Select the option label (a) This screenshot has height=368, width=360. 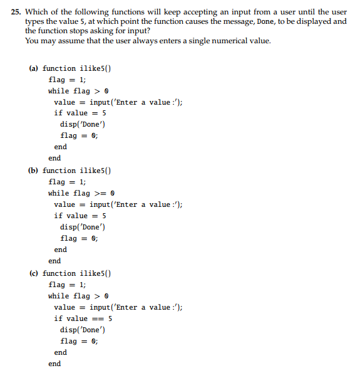pyautogui.click(x=34, y=68)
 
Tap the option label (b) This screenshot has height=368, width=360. pyautogui.click(x=34, y=171)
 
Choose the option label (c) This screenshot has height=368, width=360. pyautogui.click(x=34, y=273)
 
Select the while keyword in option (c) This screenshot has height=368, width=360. pyautogui.click(x=59, y=296)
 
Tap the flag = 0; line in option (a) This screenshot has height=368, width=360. pyautogui.click(x=79, y=135)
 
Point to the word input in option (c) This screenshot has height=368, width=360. pyautogui.click(x=100, y=307)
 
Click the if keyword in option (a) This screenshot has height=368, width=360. pyautogui.click(x=58, y=113)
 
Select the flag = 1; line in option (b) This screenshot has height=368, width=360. pyautogui.click(x=67, y=182)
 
